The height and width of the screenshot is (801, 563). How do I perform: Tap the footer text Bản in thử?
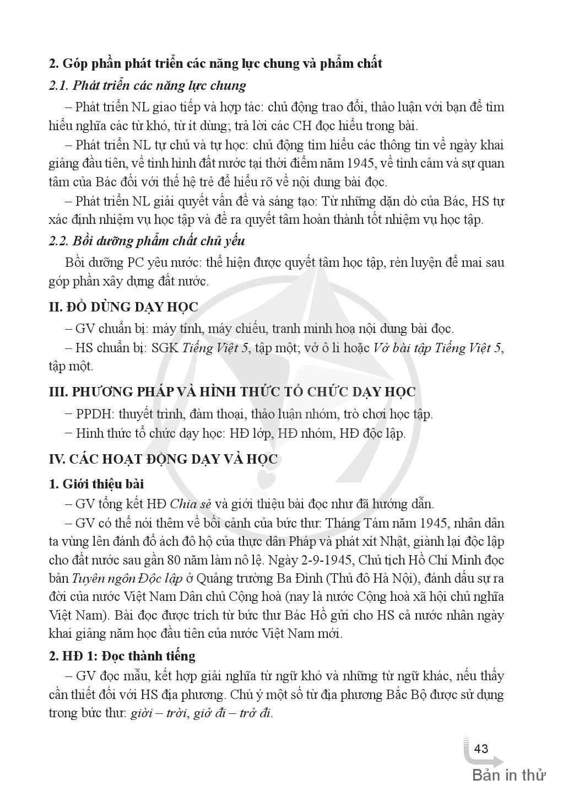[x=508, y=776]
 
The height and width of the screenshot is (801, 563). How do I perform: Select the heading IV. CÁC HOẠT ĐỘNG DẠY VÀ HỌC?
[x=164, y=459]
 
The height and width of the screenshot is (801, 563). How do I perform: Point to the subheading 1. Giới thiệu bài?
[x=96, y=483]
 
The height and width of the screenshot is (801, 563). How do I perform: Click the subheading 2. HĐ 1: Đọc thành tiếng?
[x=122, y=655]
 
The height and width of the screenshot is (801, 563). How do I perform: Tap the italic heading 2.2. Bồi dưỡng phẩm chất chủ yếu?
[x=147, y=241]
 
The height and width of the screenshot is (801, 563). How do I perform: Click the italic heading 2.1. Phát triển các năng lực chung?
[x=147, y=85]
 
